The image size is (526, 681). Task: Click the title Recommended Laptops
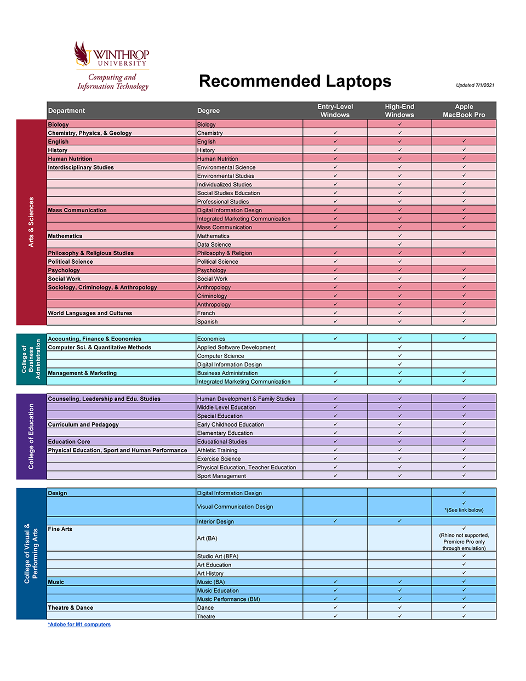click(295, 81)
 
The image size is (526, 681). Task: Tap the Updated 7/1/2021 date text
click(475, 85)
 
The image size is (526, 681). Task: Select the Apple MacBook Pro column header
click(464, 111)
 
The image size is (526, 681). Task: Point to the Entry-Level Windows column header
click(335, 111)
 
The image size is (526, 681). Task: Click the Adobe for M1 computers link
click(79, 625)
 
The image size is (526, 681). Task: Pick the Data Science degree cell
click(214, 245)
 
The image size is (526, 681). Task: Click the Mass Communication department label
click(77, 210)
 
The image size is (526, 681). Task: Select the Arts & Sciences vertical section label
click(31, 222)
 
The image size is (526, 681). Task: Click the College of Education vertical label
click(31, 436)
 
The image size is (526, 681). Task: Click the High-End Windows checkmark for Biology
click(399, 124)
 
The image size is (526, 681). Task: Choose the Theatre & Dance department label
click(71, 608)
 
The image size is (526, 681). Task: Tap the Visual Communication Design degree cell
click(235, 507)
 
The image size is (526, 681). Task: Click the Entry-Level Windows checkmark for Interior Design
click(335, 521)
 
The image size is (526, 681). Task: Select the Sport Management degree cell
click(221, 476)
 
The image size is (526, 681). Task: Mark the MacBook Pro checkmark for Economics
click(464, 338)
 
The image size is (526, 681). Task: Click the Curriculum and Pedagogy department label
click(83, 424)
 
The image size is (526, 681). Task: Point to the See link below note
click(464, 510)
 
